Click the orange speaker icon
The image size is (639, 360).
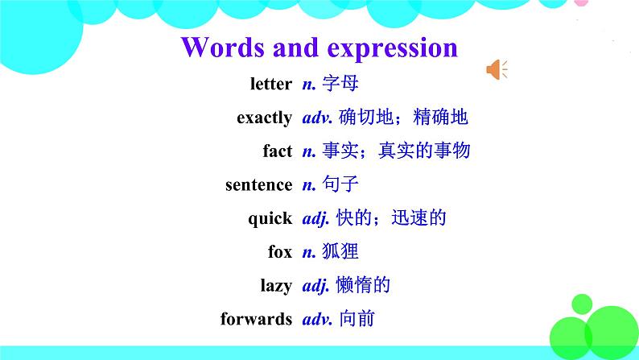[497, 71]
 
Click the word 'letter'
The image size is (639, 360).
[270, 84]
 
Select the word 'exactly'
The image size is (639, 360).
[264, 118]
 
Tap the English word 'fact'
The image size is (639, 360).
[277, 151]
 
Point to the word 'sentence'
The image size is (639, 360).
[258, 184]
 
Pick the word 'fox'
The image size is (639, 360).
[280, 251]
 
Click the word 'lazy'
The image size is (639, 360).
[276, 285]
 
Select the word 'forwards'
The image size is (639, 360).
[256, 319]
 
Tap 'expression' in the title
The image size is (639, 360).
[392, 47]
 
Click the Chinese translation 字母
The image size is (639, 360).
[340, 84]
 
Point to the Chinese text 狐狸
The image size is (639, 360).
[340, 251]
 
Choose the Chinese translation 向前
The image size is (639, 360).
[356, 319]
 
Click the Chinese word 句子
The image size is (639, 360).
[340, 184]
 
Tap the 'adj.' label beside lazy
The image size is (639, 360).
[315, 285]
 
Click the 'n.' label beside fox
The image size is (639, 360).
[308, 251]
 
